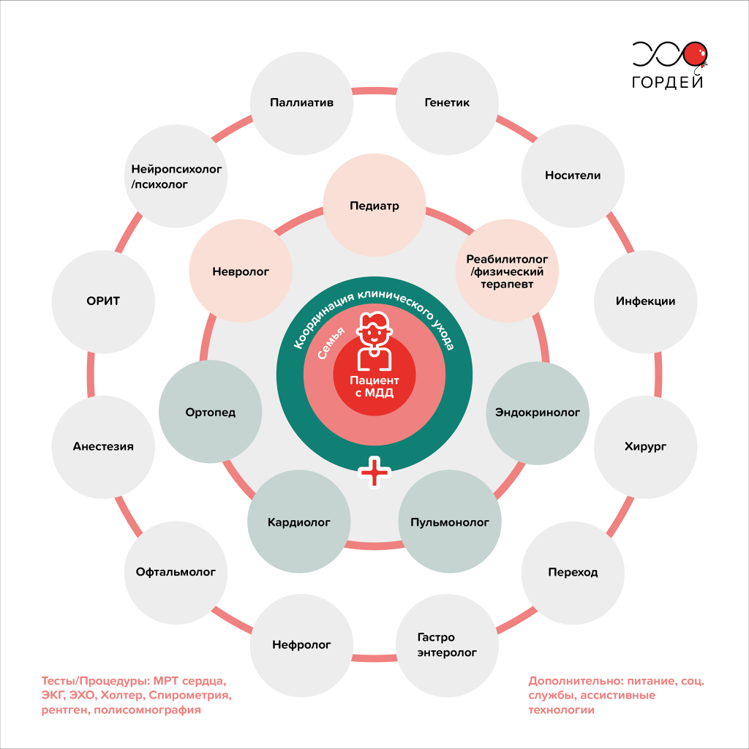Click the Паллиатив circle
click(x=301, y=103)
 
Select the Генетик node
click(x=447, y=103)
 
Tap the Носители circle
click(x=573, y=176)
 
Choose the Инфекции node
click(x=645, y=302)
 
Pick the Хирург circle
click(x=645, y=447)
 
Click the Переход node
click(x=573, y=573)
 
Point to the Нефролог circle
click(x=301, y=645)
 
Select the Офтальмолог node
click(x=176, y=573)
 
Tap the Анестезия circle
click(x=103, y=447)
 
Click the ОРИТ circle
click(x=103, y=302)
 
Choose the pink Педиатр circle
click(x=374, y=206)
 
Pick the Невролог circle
click(x=241, y=271)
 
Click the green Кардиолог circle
click(x=299, y=522)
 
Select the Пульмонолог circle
click(x=450, y=522)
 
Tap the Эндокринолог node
click(x=538, y=413)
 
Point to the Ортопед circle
click(x=210, y=412)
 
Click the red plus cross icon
click(x=374, y=472)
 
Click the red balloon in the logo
click(x=695, y=54)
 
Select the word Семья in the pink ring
click(x=331, y=343)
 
